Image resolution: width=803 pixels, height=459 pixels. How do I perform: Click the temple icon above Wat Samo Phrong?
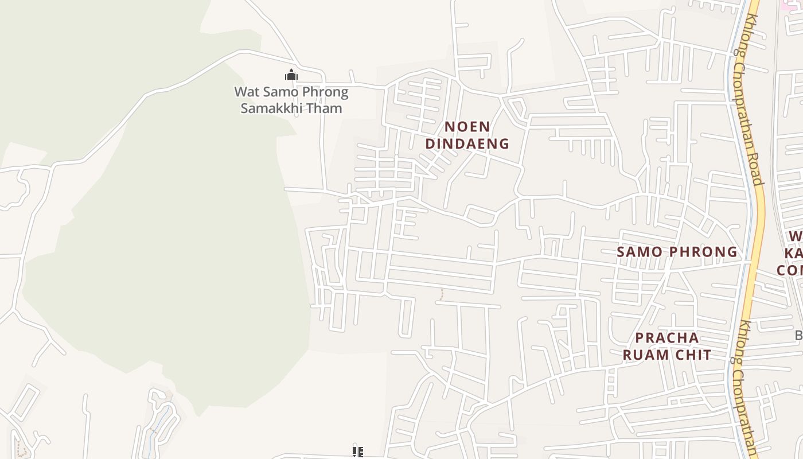(x=291, y=75)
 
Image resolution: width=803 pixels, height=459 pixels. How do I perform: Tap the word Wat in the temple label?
(x=247, y=92)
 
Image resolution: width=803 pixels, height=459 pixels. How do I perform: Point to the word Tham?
(x=326, y=108)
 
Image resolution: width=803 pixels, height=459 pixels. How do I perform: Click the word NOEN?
(x=467, y=126)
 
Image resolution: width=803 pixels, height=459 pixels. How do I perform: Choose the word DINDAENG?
(x=467, y=143)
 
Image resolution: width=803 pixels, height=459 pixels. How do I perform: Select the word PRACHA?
(x=667, y=337)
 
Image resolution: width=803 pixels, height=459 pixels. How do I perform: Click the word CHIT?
(x=692, y=355)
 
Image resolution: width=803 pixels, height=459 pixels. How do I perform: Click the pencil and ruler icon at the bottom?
(x=358, y=453)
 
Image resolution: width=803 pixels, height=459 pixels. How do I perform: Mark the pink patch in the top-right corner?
(x=792, y=4)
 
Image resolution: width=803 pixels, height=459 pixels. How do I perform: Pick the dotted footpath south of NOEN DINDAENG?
(x=442, y=294)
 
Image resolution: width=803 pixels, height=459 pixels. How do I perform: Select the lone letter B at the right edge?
(x=799, y=334)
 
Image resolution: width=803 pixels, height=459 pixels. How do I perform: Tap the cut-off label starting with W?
(x=795, y=236)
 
